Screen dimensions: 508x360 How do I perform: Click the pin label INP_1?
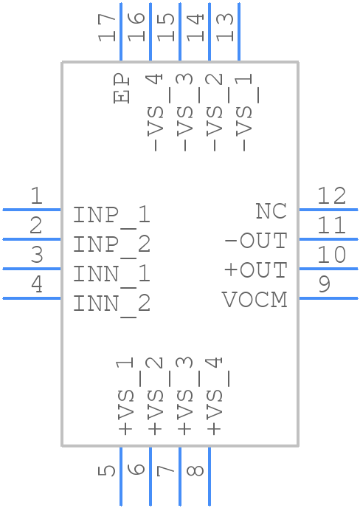tap(111, 215)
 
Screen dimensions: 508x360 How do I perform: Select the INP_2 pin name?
tap(111, 244)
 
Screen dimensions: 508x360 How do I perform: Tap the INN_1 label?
tap(111, 274)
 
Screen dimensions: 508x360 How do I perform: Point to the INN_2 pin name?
tap(111, 303)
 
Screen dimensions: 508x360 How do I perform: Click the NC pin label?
tap(271, 210)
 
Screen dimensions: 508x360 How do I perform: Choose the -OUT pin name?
tap(255, 241)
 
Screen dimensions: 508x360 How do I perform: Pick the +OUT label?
tap(255, 270)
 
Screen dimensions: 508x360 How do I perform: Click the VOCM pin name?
tap(255, 300)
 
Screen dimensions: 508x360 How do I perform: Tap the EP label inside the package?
tap(122, 89)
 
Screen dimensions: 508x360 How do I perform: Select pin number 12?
tap(331, 196)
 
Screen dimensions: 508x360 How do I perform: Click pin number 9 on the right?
tap(325, 284)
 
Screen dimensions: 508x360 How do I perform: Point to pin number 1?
tap(36, 196)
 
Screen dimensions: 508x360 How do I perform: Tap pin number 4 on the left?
tap(36, 284)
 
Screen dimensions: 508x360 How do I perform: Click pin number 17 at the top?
tap(108, 27)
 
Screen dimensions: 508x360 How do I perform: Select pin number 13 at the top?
tap(226, 27)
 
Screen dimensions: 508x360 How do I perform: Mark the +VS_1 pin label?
tap(125, 396)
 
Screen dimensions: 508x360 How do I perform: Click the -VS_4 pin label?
tap(155, 111)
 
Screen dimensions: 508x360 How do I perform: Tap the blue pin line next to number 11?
tap(328, 239)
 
